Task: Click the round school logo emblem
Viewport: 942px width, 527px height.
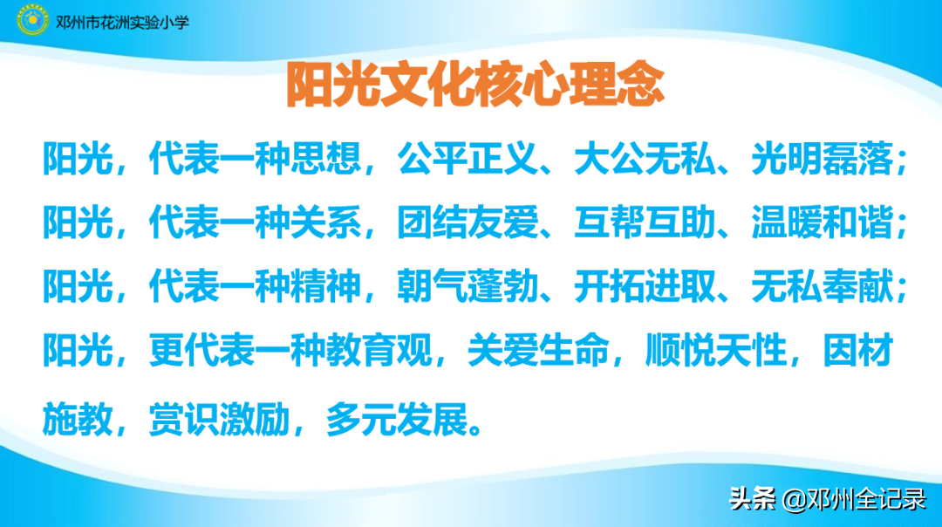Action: coord(33,20)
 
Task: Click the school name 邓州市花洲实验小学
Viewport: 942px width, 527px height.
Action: coord(121,20)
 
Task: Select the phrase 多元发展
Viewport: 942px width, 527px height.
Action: coord(397,420)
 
